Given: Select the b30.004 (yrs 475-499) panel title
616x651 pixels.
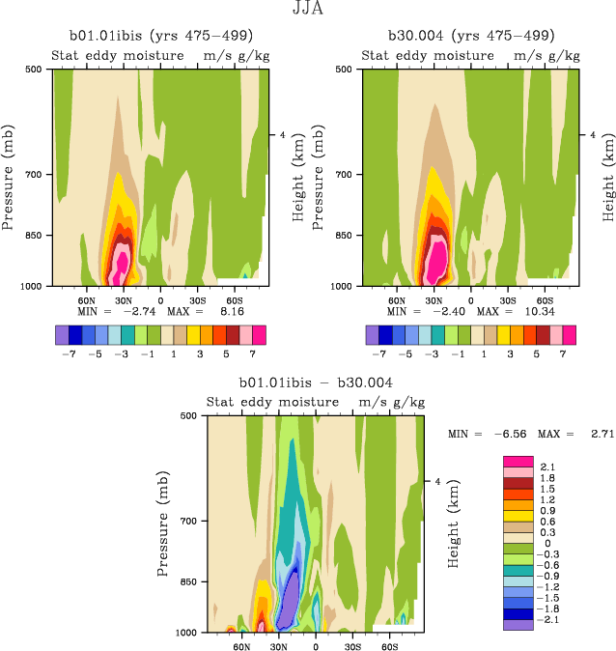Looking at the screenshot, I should click(470, 36).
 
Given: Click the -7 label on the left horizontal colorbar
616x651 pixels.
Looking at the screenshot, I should click(69, 354).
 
